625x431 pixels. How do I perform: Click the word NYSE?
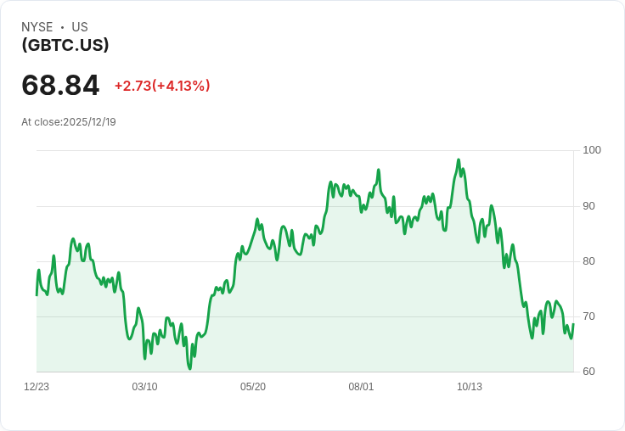[x=37, y=27]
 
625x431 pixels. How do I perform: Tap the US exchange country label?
[x=80, y=27]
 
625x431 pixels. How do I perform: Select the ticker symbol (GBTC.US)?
[x=65, y=45]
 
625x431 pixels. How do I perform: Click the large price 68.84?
[x=60, y=85]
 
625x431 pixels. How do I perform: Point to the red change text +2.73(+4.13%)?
[x=162, y=86]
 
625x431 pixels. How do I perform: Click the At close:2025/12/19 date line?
[x=69, y=122]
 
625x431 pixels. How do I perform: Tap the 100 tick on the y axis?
[x=592, y=150]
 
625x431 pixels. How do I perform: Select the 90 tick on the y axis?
[x=588, y=206]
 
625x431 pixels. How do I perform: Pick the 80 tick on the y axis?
[x=588, y=261]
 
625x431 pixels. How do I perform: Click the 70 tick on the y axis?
[x=588, y=316]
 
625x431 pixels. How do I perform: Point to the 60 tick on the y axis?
[x=588, y=372]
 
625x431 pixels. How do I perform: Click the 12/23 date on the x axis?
[x=37, y=387]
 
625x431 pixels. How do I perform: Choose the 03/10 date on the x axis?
[x=144, y=387]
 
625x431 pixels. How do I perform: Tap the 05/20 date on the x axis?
[x=253, y=387]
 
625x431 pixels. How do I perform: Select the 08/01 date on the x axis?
[x=361, y=387]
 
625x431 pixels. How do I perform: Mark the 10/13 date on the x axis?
[x=469, y=387]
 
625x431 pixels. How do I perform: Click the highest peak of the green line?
[x=459, y=160]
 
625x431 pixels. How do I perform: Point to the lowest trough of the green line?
[x=189, y=368]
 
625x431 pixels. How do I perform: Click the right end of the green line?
[x=573, y=324]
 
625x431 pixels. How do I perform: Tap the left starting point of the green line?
[x=37, y=295]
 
